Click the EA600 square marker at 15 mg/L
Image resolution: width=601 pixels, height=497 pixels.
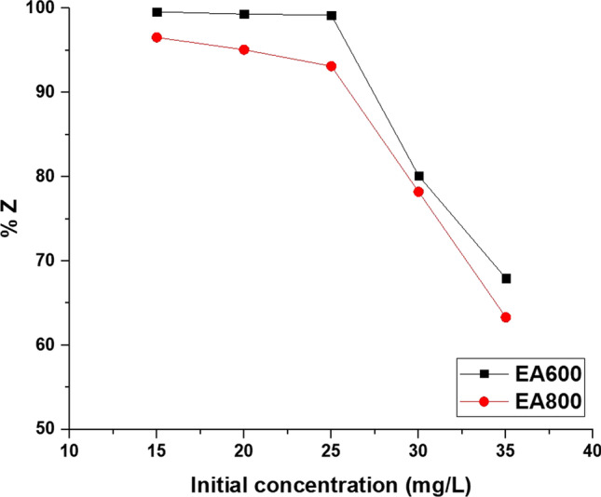(157, 12)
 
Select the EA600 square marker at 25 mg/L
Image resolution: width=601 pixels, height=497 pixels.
(332, 16)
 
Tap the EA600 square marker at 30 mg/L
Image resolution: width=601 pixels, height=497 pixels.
(419, 176)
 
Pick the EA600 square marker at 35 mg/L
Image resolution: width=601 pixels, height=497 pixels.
(506, 278)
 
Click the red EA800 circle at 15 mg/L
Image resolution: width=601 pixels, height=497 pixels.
(157, 37)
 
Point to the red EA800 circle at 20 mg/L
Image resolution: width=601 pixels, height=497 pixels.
(244, 49)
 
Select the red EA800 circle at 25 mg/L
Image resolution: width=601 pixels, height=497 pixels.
(332, 66)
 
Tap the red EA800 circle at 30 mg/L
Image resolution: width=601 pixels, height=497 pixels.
(418, 192)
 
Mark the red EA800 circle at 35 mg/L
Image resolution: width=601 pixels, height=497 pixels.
(506, 317)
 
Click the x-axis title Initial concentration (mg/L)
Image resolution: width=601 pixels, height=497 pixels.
(331, 484)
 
